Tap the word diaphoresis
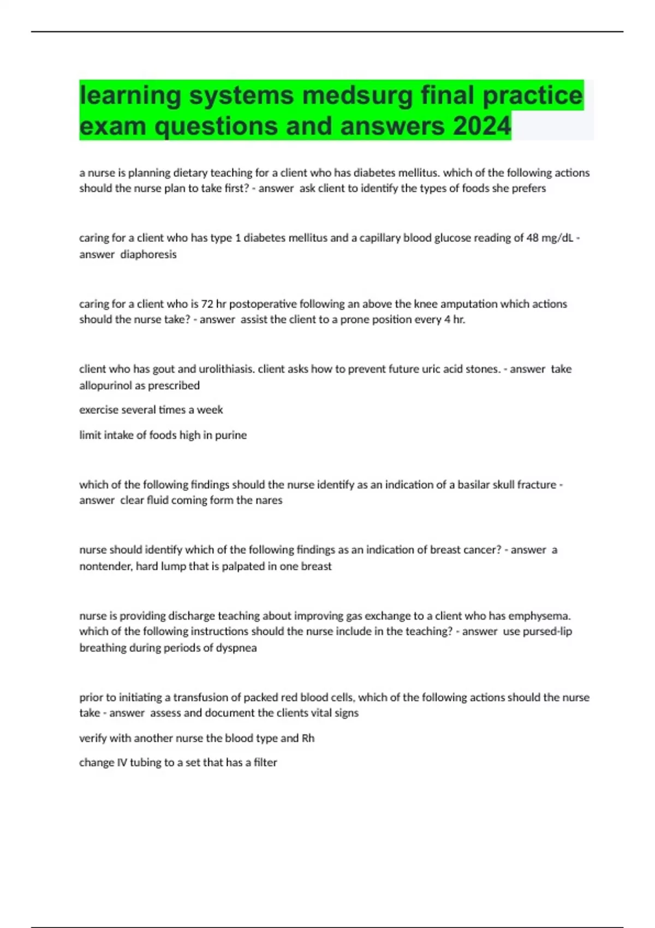click(x=148, y=254)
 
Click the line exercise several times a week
click(x=151, y=410)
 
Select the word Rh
click(x=308, y=739)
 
